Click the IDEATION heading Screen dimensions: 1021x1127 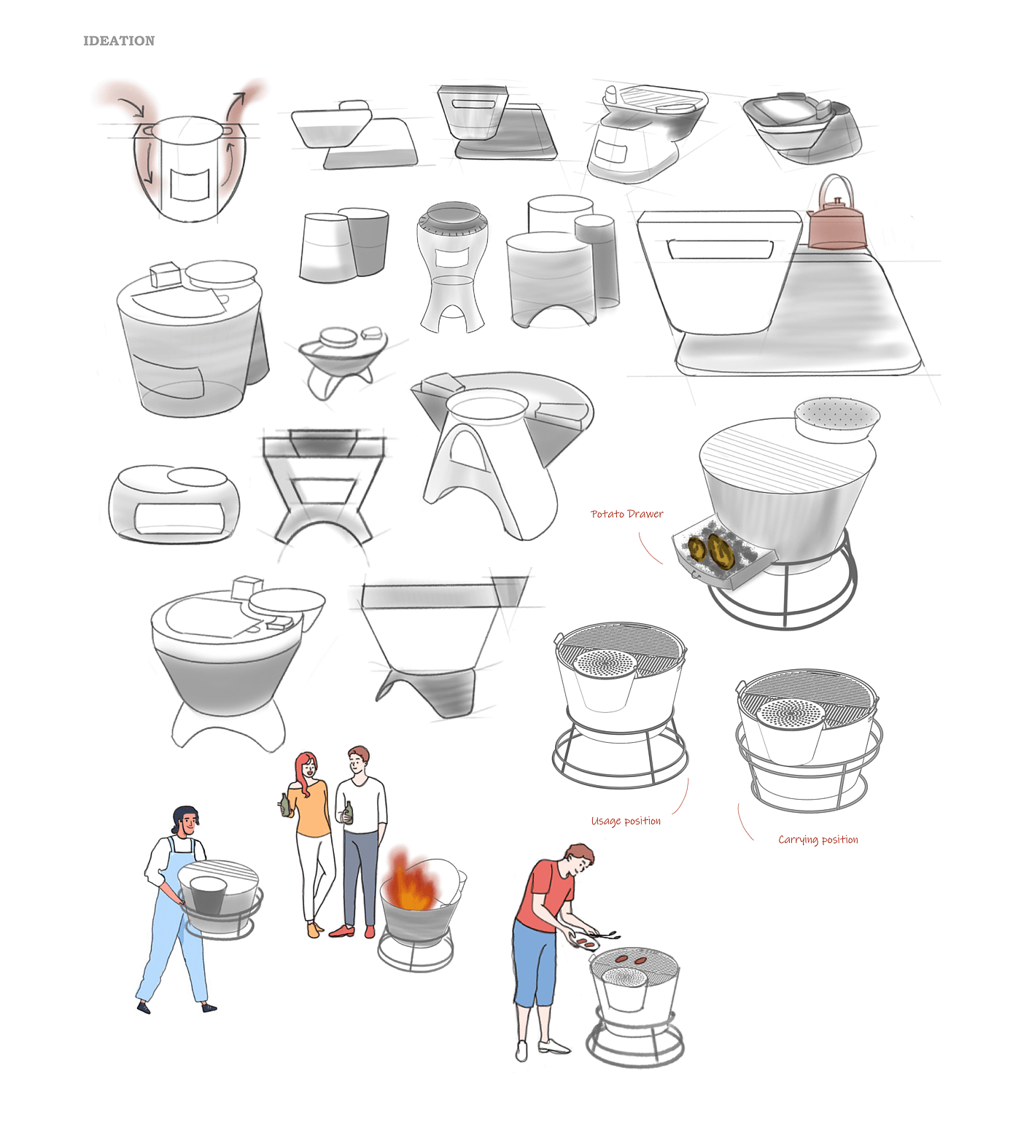(x=119, y=41)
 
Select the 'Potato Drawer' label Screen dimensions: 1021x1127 (x=627, y=514)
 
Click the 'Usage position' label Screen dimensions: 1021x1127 (x=626, y=821)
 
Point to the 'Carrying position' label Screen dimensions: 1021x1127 (x=818, y=840)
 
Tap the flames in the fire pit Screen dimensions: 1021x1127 (x=413, y=882)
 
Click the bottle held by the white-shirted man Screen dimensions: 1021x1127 (x=349, y=812)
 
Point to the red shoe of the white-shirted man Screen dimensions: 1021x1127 (x=342, y=930)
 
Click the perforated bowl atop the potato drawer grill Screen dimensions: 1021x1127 (x=836, y=419)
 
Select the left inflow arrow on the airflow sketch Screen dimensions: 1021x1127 (x=136, y=106)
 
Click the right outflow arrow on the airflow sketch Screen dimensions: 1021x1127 (x=235, y=109)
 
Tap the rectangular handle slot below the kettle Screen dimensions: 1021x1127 (x=720, y=249)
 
